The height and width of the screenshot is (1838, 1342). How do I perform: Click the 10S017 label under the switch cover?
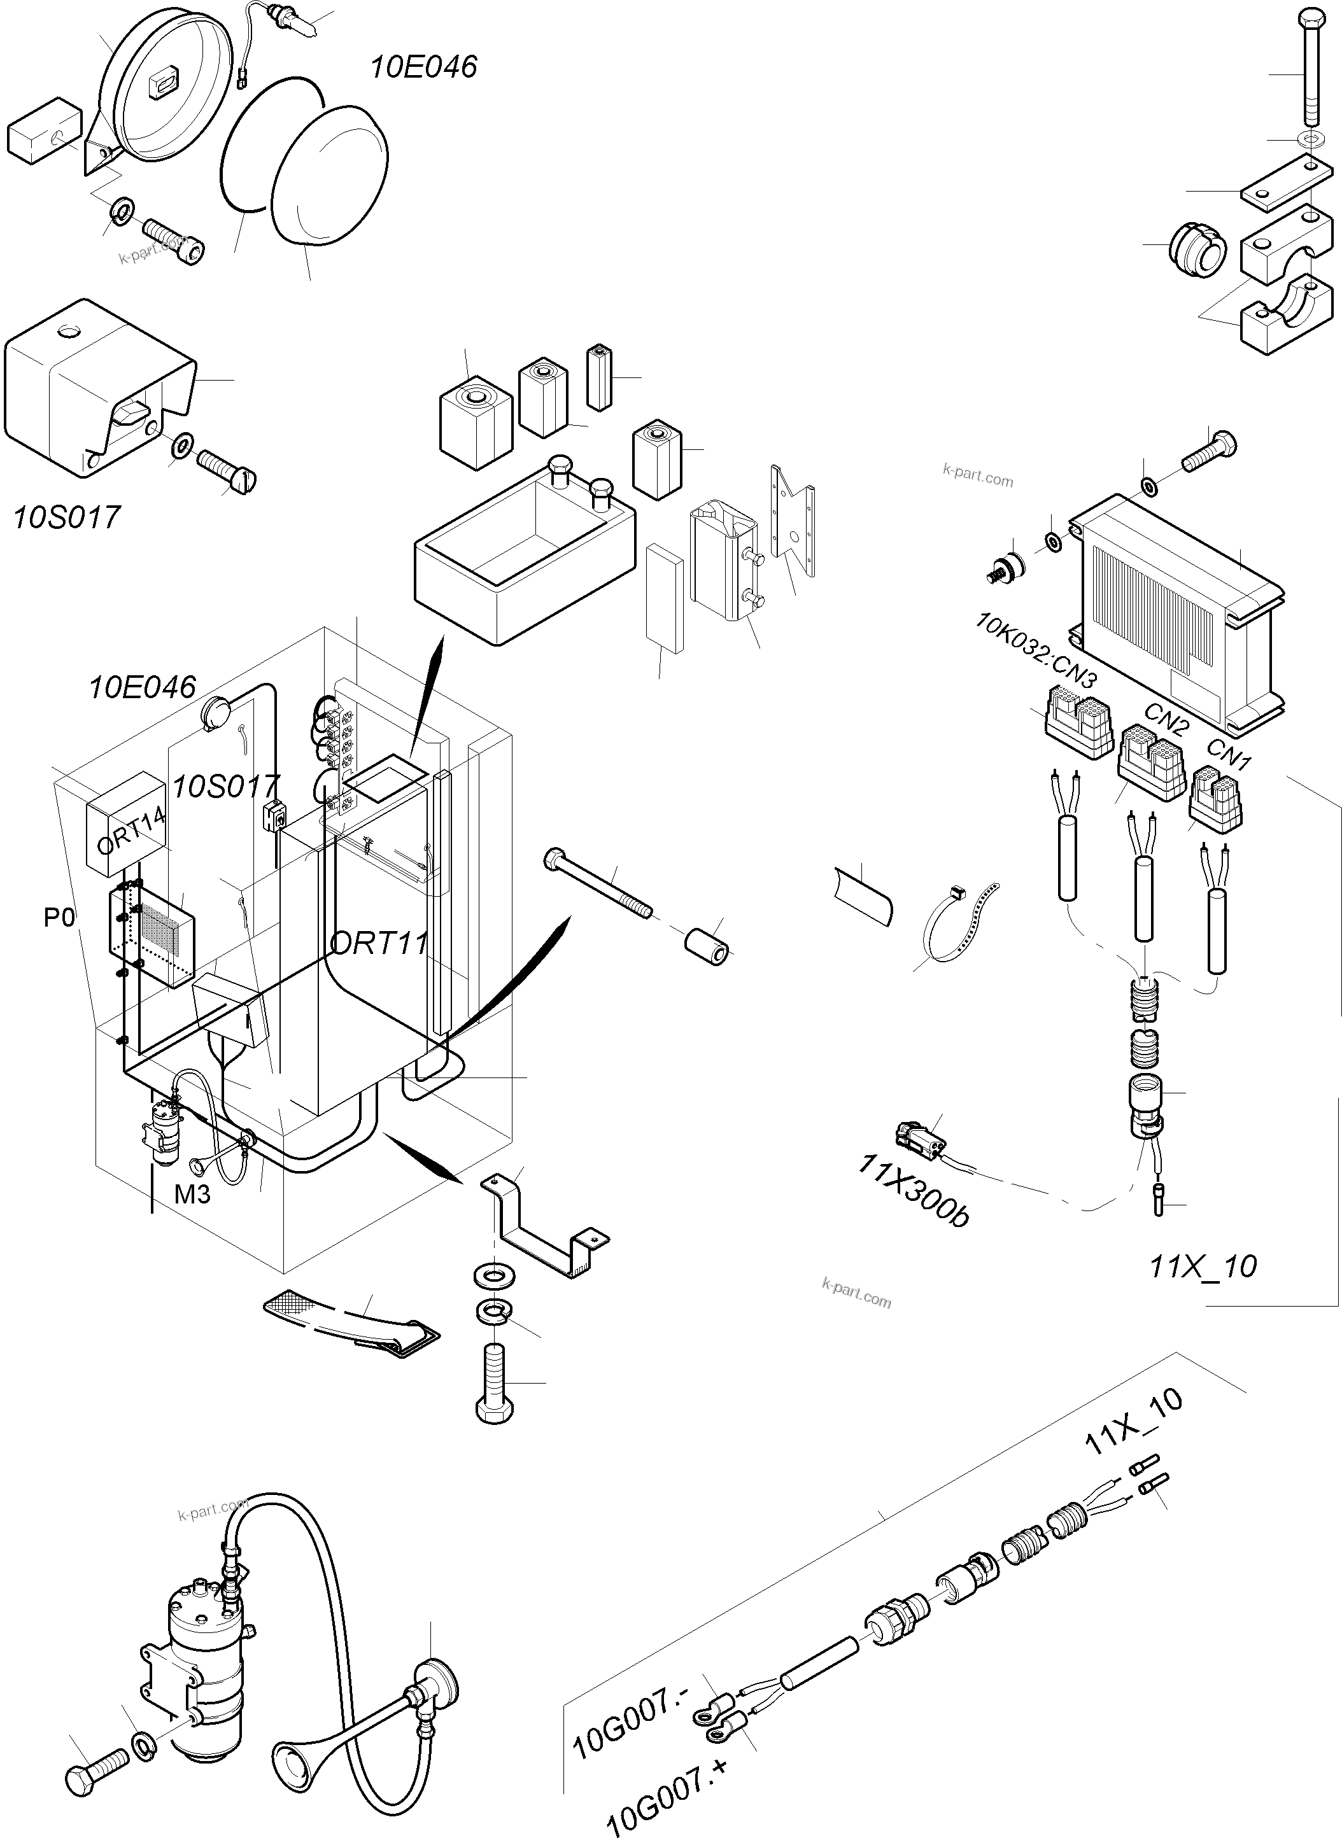pos(67,517)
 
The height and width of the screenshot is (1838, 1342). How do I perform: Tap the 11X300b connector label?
pos(913,1191)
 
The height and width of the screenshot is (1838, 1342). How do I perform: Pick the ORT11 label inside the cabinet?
pos(379,943)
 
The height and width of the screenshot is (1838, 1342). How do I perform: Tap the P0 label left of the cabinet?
pos(59,918)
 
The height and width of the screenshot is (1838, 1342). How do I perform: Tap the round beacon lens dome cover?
pos(329,174)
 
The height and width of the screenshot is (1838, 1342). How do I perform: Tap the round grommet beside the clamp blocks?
pos(1197,251)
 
